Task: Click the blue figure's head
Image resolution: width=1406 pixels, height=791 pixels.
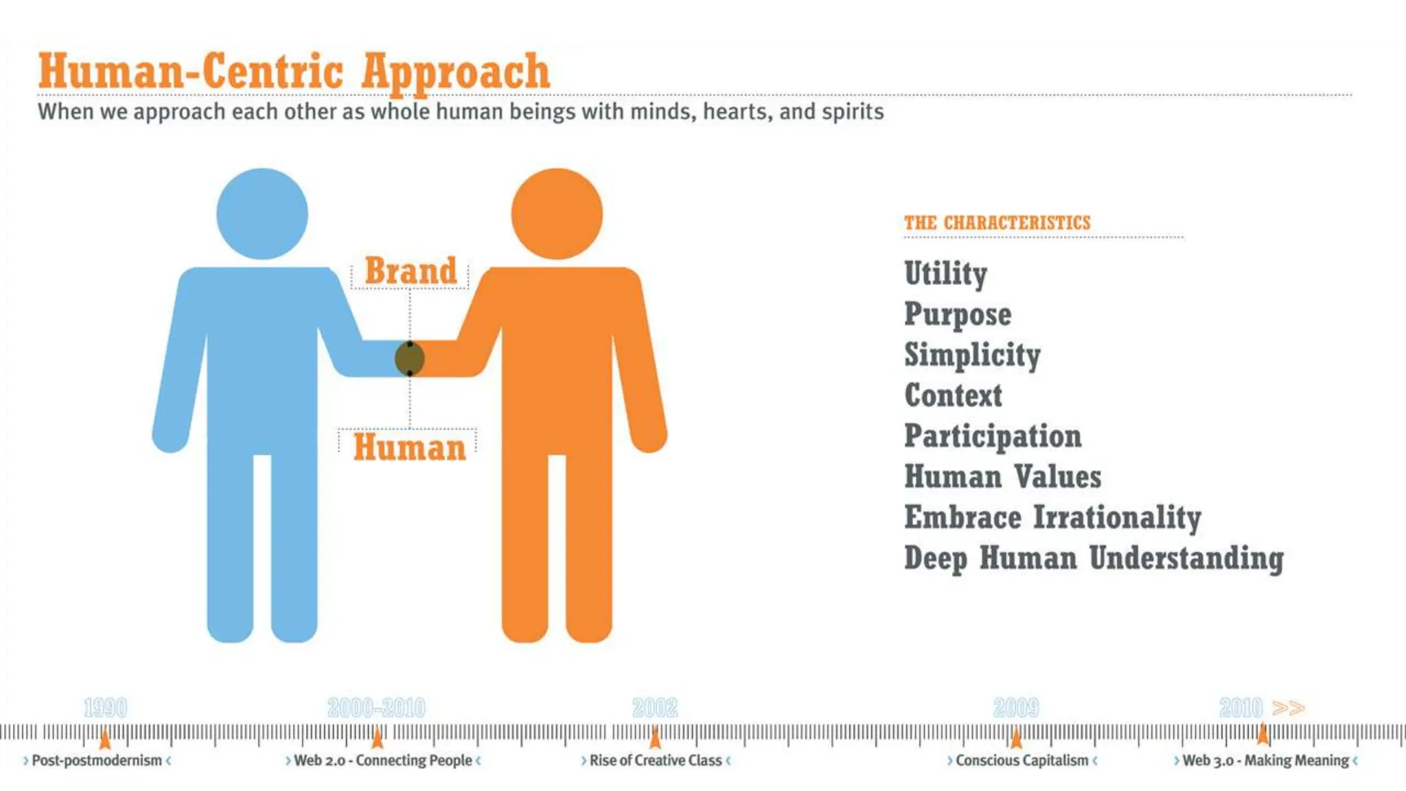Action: pos(262,214)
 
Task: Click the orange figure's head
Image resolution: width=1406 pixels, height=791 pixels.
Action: pos(557,214)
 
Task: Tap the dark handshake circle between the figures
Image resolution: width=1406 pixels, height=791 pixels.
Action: pos(410,358)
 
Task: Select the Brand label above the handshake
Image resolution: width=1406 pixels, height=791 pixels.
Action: pos(411,271)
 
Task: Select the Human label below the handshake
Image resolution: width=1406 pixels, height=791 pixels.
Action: pos(410,447)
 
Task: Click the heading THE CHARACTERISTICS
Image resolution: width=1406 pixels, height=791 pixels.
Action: pos(997,223)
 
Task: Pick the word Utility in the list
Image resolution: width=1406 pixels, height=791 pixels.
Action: pos(945,273)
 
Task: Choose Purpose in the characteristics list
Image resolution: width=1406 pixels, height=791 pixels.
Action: pos(958,314)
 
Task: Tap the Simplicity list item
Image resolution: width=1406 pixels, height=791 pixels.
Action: pos(972,355)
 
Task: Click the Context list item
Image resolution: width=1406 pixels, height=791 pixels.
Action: pos(953,395)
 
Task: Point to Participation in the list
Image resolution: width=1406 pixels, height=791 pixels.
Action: pos(993,436)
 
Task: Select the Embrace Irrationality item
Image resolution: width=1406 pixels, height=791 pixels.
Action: pos(1052,518)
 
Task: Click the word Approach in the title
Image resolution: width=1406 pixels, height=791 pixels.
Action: pos(456,71)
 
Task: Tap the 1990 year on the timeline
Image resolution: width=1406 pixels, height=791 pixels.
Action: pos(105,707)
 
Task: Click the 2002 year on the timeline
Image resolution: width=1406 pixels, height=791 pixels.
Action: pos(654,707)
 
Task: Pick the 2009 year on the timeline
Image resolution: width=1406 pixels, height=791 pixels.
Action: pos(1016,707)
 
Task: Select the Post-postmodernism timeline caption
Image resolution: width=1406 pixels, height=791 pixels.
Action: pos(97,760)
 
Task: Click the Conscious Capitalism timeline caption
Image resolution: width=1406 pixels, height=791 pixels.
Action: pos(1022,760)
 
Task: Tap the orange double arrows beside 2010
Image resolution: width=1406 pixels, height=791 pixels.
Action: pos(1288,708)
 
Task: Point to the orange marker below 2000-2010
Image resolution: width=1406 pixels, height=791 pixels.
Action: pos(377,738)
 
